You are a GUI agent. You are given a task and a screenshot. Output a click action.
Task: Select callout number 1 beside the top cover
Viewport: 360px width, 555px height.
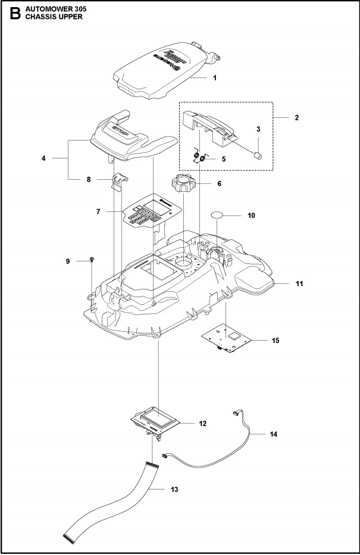[x=215, y=78]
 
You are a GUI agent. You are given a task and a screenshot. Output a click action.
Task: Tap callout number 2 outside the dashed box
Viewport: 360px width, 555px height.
[x=296, y=118]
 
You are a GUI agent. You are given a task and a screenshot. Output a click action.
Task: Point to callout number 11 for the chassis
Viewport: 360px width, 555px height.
[x=299, y=284]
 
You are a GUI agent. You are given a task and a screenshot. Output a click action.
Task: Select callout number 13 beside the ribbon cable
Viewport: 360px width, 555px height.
[x=174, y=489]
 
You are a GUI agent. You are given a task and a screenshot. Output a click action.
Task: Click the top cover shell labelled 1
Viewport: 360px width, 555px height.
[x=161, y=68]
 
